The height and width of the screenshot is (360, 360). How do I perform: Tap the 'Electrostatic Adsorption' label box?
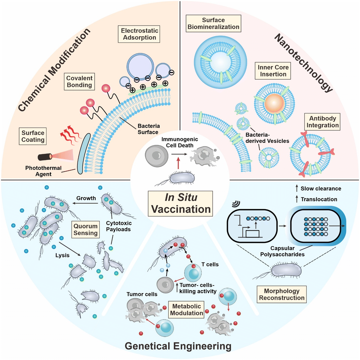point(139,34)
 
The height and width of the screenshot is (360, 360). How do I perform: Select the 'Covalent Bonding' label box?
point(79,81)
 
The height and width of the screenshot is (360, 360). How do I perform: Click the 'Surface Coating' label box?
point(33,136)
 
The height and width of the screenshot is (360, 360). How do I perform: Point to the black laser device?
point(45,157)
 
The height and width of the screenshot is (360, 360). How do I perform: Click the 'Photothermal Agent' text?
point(43,171)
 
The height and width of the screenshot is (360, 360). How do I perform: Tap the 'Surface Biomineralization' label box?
point(213,24)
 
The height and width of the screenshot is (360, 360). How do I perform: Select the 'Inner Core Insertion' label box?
point(273,71)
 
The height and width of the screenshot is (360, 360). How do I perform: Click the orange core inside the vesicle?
point(274,103)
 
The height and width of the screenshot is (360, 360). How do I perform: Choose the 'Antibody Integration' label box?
point(322,122)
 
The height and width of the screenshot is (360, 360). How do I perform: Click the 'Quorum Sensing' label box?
point(85,229)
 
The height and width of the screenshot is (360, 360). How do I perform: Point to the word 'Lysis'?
point(62,255)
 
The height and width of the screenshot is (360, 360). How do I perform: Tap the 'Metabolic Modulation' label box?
point(187,310)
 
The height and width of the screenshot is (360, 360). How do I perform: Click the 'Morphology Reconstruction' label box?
point(282,294)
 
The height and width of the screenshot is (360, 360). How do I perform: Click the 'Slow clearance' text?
point(321,188)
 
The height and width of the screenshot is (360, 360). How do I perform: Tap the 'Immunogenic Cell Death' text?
point(180,142)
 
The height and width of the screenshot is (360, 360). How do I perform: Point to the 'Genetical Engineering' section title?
point(178,346)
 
